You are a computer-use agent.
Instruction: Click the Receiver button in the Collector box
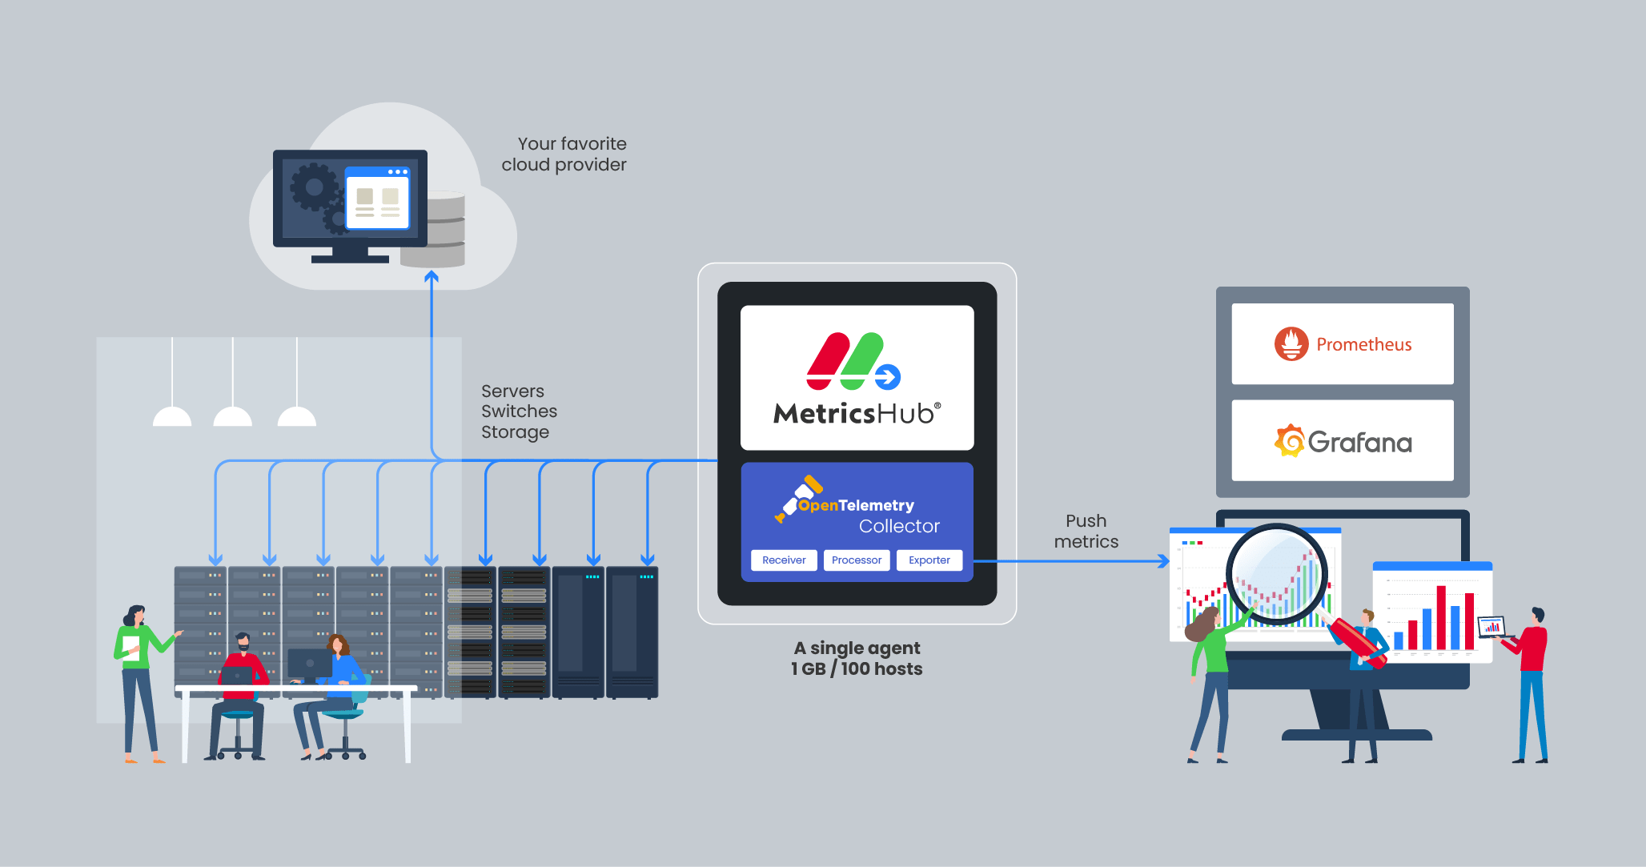coord(784,560)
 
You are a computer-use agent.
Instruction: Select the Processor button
coord(856,560)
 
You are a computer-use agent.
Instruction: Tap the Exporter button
coord(929,560)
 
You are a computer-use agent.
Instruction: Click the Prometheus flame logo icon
coord(1291,344)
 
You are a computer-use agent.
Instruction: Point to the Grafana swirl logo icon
coord(1289,441)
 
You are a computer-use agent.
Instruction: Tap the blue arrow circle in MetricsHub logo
coord(887,376)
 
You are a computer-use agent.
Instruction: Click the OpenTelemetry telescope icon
coord(797,498)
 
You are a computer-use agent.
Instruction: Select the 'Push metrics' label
coord(1086,532)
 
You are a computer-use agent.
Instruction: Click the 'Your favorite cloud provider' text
coord(564,155)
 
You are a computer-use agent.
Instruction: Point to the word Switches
coord(519,411)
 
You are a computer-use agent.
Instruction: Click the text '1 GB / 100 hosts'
coord(857,669)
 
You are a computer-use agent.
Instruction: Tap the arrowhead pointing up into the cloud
coord(432,277)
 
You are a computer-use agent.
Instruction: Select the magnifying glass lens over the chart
coord(1276,575)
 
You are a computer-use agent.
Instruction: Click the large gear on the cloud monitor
coord(314,187)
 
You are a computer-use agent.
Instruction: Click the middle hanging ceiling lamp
coord(233,415)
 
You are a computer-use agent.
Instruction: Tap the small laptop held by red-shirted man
coord(1491,627)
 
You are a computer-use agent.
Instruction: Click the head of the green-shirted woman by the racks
coord(134,615)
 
